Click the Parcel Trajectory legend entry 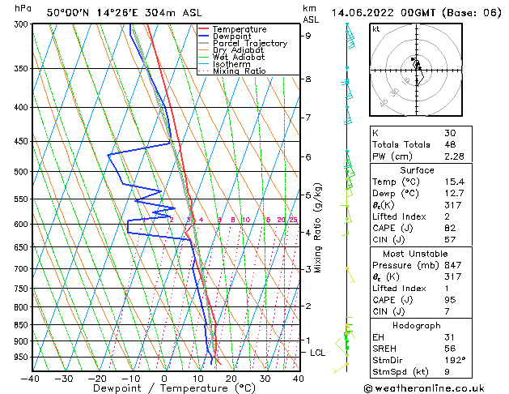[249, 43]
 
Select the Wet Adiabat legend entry [238, 58]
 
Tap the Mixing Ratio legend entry [240, 71]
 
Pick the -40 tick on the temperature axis [31, 378]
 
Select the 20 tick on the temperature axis [231, 378]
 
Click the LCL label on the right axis [318, 353]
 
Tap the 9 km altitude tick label [308, 36]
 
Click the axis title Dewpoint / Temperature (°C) [164, 388]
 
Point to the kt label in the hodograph [376, 28]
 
